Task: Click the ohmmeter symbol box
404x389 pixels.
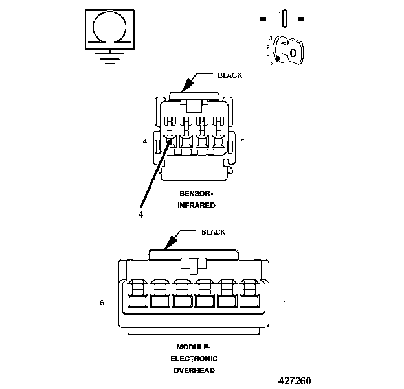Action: pyautogui.click(x=109, y=29)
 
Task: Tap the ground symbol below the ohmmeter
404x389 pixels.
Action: pyautogui.click(x=109, y=56)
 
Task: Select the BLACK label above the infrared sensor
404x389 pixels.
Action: pyautogui.click(x=230, y=75)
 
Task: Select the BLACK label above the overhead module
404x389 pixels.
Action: pyautogui.click(x=213, y=232)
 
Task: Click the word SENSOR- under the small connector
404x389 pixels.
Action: pyautogui.click(x=196, y=194)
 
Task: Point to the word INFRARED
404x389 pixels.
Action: pyautogui.click(x=196, y=205)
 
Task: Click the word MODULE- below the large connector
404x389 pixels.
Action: pyautogui.click(x=194, y=347)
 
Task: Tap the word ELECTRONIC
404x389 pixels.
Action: pyautogui.click(x=194, y=359)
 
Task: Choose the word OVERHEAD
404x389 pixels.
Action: pyautogui.click(x=194, y=370)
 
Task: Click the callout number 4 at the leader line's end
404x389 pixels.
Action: pyautogui.click(x=140, y=213)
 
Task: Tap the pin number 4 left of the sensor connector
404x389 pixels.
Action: pyautogui.click(x=145, y=141)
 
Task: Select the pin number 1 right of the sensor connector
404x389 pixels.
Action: pyautogui.click(x=243, y=141)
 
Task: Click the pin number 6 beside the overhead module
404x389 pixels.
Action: pyautogui.click(x=102, y=303)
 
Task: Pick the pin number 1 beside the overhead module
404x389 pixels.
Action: pyautogui.click(x=285, y=303)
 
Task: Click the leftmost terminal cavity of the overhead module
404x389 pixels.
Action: pyautogui.click(x=137, y=301)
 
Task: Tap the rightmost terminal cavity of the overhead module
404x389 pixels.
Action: pyautogui.click(x=249, y=301)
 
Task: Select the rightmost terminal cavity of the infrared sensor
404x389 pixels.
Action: pyautogui.click(x=218, y=141)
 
